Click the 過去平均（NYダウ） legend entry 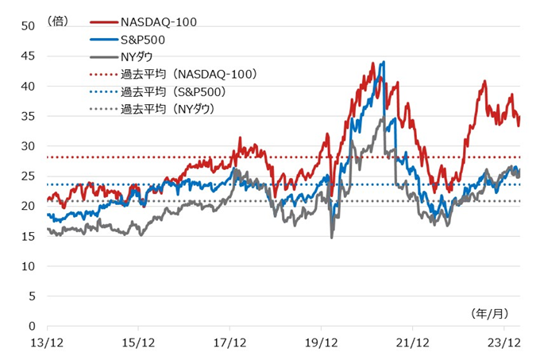tap(168, 109)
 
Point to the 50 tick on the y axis tap(29, 25)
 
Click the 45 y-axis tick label tap(29, 56)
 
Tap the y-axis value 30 tap(29, 146)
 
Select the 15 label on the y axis tap(29, 236)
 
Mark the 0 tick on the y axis tap(32, 326)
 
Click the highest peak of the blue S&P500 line tap(384, 63)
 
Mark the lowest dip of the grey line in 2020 tap(332, 237)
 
